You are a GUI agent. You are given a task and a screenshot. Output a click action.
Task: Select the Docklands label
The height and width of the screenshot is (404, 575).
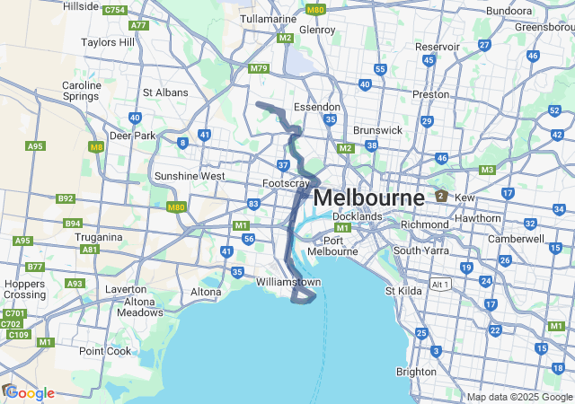click(358, 216)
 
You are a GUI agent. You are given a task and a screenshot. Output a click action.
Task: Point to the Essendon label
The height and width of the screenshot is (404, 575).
click(317, 107)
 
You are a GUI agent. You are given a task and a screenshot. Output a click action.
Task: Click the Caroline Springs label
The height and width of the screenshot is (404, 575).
click(82, 92)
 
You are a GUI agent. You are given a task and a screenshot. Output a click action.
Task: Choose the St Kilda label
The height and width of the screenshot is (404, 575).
click(403, 290)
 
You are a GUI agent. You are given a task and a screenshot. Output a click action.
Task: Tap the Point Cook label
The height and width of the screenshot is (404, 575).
click(104, 350)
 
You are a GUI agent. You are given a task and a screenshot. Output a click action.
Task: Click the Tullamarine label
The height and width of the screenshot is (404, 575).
click(269, 19)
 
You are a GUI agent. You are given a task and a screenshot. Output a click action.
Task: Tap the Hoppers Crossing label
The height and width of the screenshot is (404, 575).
click(24, 288)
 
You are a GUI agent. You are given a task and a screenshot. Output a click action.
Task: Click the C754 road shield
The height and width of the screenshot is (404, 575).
click(114, 11)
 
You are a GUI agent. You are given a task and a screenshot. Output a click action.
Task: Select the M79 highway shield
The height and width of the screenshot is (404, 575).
click(259, 68)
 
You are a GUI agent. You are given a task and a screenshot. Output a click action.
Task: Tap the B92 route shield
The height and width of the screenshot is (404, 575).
click(66, 198)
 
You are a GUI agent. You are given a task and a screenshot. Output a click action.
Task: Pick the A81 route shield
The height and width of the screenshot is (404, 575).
click(90, 250)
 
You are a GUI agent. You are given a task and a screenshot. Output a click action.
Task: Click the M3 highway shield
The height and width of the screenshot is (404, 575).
click(488, 170)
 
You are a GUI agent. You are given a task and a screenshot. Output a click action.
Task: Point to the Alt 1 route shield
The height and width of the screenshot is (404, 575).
click(440, 283)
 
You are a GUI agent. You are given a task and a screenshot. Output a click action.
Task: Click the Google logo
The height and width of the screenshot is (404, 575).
click(30, 393)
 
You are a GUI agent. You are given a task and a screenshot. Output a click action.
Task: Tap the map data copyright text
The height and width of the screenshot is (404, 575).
click(519, 397)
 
